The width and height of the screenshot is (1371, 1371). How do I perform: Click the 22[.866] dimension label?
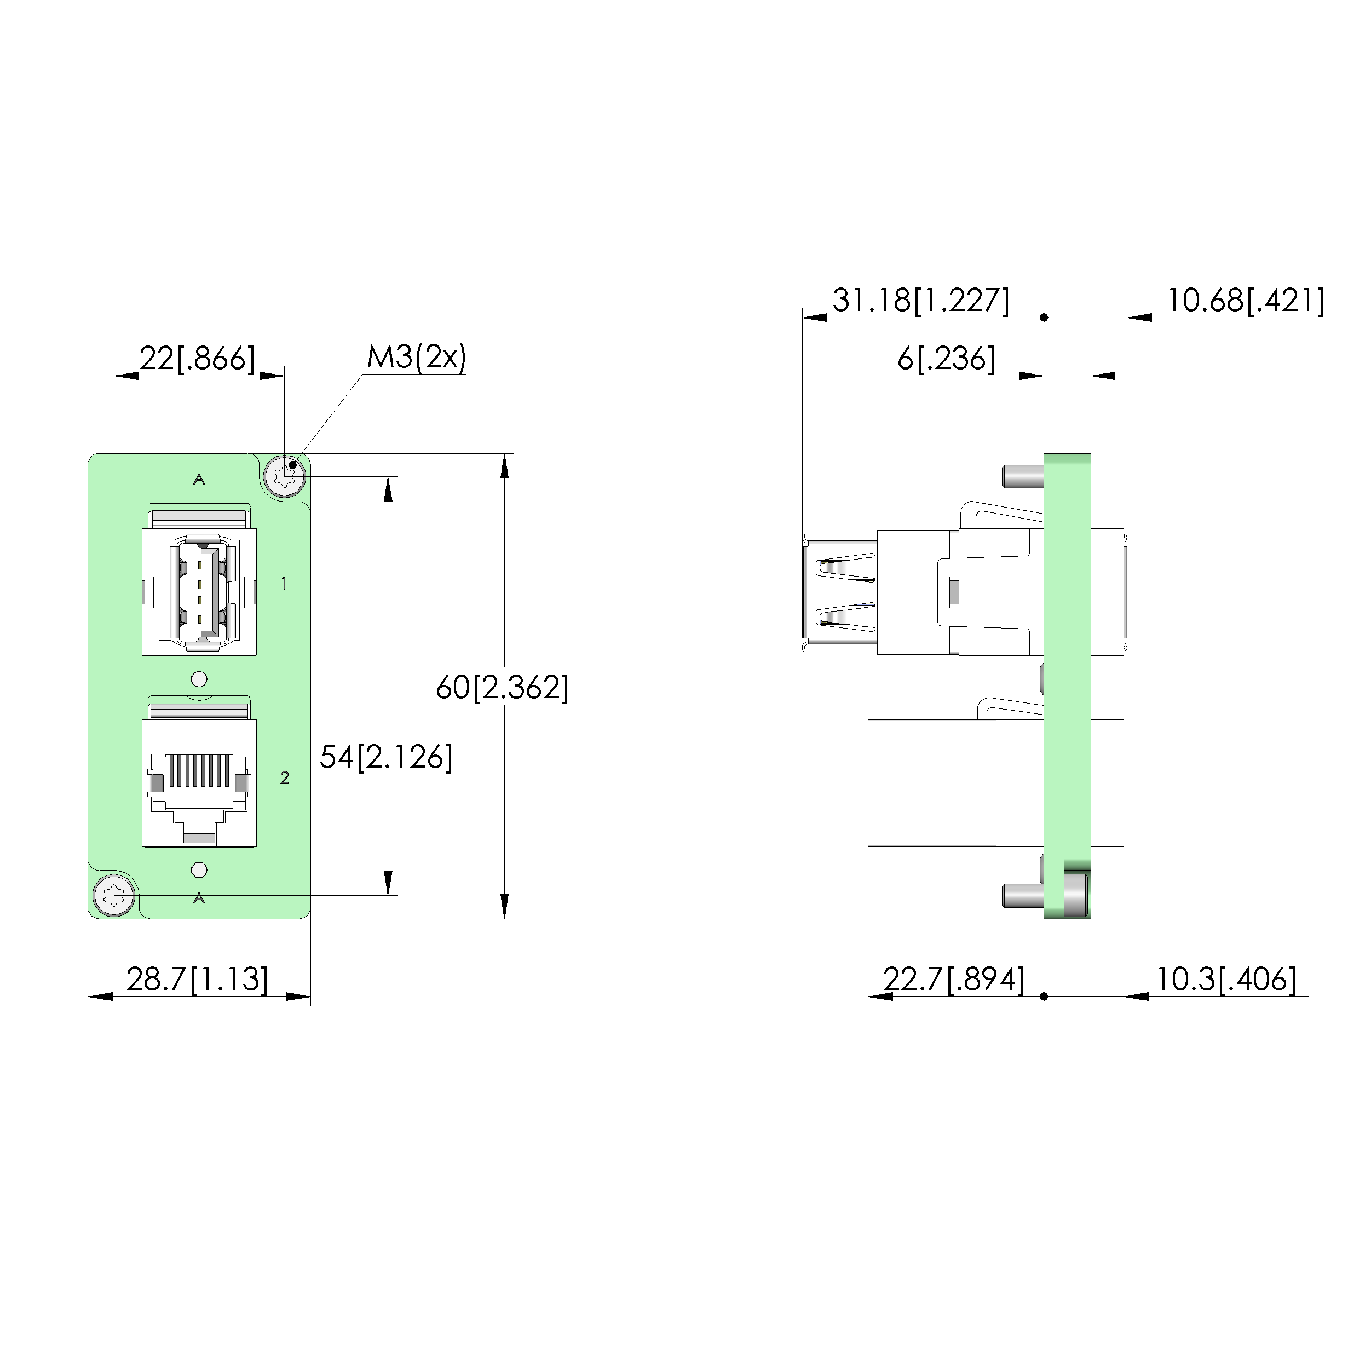pyautogui.click(x=197, y=359)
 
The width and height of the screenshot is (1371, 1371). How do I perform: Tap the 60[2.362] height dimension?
pyautogui.click(x=503, y=688)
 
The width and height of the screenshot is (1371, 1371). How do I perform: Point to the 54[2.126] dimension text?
pyautogui.click(x=386, y=757)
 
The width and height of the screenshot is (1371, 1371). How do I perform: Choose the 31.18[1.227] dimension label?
pyautogui.click(x=920, y=300)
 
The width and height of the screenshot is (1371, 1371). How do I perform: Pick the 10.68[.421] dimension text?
pyautogui.click(x=1246, y=300)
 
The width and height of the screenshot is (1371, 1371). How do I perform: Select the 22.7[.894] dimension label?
pyautogui.click(x=954, y=980)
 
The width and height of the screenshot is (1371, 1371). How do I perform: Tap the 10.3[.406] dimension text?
pyautogui.click(x=1226, y=980)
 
